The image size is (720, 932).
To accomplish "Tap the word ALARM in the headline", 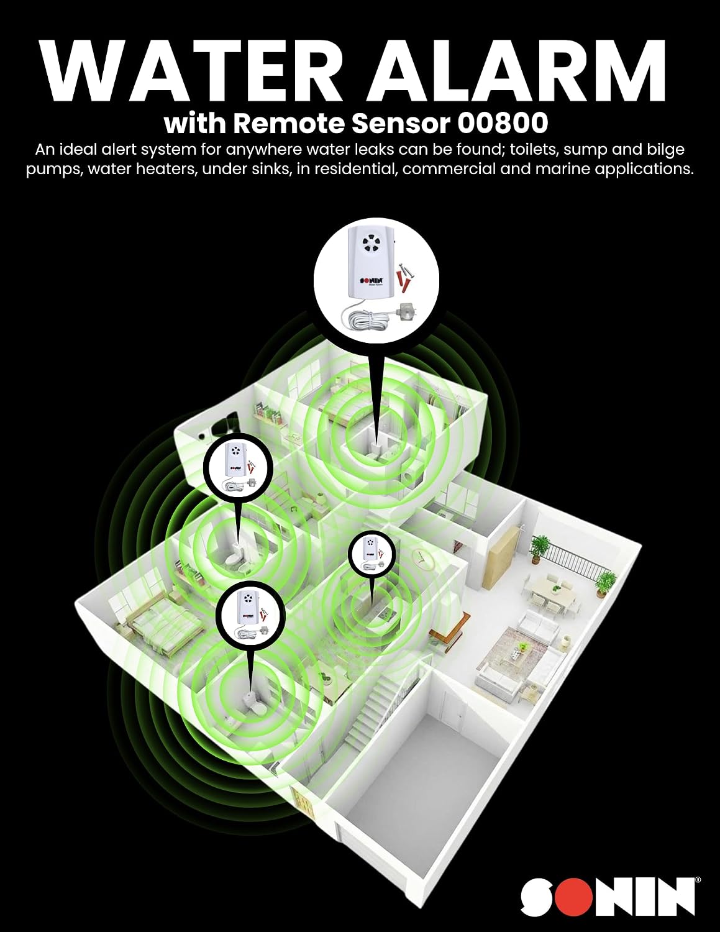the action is pos(514,70).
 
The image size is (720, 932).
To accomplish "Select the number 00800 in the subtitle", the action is pos(503,122).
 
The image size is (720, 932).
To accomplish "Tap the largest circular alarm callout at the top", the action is pos(376,280).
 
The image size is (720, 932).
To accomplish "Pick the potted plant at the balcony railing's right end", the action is pos(606,583).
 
